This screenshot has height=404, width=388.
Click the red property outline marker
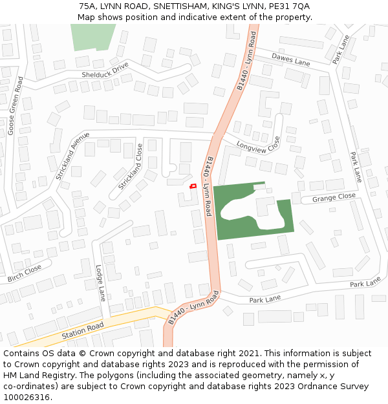pos(192,186)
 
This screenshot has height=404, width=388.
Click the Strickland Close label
pos(130,167)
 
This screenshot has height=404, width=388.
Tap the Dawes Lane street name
pos(290,59)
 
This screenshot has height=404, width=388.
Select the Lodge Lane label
pos(100,283)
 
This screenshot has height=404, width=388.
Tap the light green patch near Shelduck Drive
pos(92,36)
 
